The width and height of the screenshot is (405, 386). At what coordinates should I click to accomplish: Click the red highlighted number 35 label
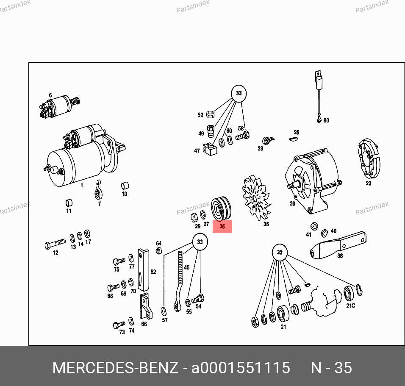[x=222, y=226]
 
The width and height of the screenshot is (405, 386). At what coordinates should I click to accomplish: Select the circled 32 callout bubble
[x=280, y=252]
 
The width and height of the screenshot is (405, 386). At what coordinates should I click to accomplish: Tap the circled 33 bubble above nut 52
[x=239, y=93]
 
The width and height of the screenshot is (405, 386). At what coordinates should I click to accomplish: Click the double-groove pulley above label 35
[x=221, y=209]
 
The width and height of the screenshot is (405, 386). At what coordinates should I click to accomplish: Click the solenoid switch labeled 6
[x=59, y=106]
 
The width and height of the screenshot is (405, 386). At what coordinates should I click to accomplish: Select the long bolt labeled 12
[x=55, y=244]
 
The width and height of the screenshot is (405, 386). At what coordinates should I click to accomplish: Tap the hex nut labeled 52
[x=210, y=114]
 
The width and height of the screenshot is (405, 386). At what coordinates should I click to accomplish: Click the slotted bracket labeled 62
[x=143, y=270]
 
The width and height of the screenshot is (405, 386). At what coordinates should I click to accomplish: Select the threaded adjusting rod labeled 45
[x=179, y=281]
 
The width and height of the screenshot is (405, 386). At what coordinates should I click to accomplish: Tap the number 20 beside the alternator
[x=292, y=204]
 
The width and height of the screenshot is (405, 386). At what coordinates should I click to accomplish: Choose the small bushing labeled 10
[x=125, y=186]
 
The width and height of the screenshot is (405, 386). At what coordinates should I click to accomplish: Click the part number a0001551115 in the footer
[x=241, y=367]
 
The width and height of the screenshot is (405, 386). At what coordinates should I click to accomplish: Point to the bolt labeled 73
[x=119, y=325]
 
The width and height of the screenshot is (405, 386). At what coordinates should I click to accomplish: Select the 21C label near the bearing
[x=350, y=305]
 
